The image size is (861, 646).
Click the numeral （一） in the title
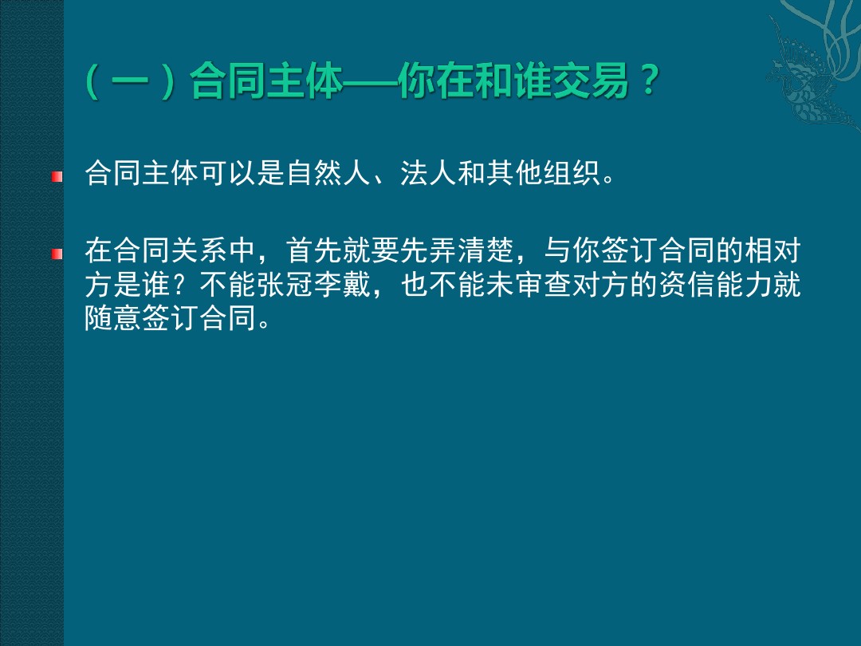(131, 81)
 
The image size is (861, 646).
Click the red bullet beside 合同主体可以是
(57, 176)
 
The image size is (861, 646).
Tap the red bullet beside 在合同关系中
(57, 254)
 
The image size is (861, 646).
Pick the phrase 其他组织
(544, 173)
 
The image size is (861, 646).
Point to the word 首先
(315, 250)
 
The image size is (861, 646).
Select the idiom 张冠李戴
(315, 285)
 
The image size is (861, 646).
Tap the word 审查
(544, 285)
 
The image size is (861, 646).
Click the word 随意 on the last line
(114, 318)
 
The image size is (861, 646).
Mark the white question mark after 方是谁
(184, 285)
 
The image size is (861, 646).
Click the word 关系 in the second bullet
(200, 250)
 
